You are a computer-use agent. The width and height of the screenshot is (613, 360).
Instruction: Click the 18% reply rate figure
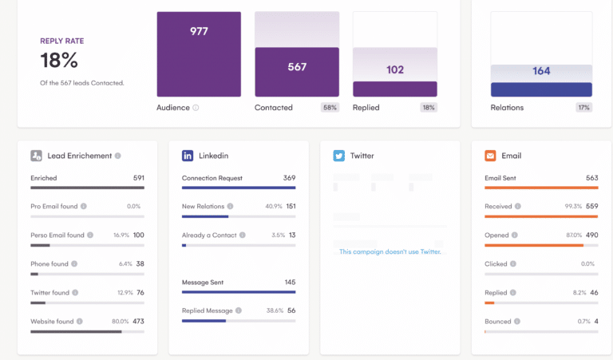pyautogui.click(x=59, y=61)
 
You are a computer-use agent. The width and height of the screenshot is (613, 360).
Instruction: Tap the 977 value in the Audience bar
pyautogui.click(x=199, y=31)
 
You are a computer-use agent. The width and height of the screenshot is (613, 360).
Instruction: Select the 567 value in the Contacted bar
pyautogui.click(x=297, y=67)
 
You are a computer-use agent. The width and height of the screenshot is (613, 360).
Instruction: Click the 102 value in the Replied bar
pyautogui.click(x=395, y=69)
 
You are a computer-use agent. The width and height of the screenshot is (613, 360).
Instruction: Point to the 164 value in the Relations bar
pyautogui.click(x=541, y=71)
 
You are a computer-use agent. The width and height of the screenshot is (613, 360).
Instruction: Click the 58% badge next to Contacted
pyautogui.click(x=330, y=107)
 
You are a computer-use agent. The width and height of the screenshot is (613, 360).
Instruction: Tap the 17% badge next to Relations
pyautogui.click(x=583, y=107)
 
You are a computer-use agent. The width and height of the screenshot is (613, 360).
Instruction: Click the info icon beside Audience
pyautogui.click(x=196, y=108)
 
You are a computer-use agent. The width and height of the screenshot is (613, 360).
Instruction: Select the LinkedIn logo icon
pyautogui.click(x=188, y=156)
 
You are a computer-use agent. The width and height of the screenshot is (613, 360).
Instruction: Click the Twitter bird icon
pyautogui.click(x=339, y=156)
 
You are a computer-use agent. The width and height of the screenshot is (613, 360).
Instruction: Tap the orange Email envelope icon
pyautogui.click(x=490, y=156)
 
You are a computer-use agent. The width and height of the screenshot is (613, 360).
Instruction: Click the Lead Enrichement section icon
pyautogui.click(x=37, y=156)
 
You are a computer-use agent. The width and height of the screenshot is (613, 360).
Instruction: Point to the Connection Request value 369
pyautogui.click(x=289, y=178)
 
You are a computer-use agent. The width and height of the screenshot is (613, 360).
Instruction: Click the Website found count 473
pyautogui.click(x=137, y=322)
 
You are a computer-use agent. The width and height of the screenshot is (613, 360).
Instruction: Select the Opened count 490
pyautogui.click(x=591, y=235)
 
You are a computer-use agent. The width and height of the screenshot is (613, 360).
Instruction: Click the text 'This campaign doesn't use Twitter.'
pyautogui.click(x=390, y=251)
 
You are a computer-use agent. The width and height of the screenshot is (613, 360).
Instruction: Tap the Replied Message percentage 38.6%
pyautogui.click(x=275, y=311)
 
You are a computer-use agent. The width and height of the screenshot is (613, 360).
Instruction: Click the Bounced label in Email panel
pyautogui.click(x=497, y=322)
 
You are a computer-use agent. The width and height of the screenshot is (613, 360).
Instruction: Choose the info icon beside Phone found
pyautogui.click(x=74, y=264)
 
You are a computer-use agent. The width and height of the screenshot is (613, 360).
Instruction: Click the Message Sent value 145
pyautogui.click(x=289, y=282)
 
